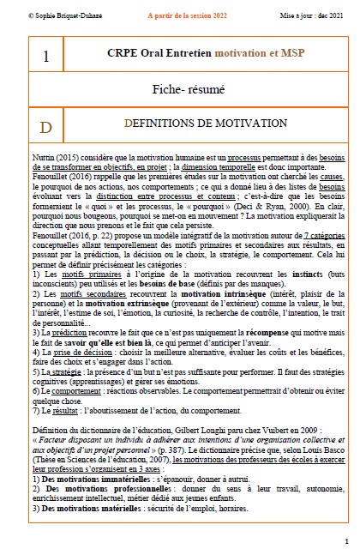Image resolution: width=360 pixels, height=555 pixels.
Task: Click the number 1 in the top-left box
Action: tap(45, 57)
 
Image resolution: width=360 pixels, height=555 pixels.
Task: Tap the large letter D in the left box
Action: tap(45, 125)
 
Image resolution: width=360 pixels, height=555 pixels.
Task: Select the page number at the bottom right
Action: tap(345, 541)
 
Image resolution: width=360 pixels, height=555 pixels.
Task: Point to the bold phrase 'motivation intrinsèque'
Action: tap(225, 293)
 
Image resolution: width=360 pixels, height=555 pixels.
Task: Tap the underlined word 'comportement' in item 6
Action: tap(72, 391)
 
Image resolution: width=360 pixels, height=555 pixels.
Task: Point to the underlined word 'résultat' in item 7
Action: tap(63, 409)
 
